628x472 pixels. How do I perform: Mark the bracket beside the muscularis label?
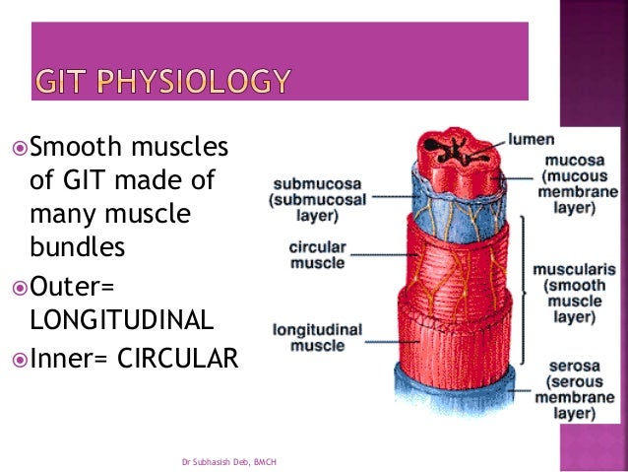523,279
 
